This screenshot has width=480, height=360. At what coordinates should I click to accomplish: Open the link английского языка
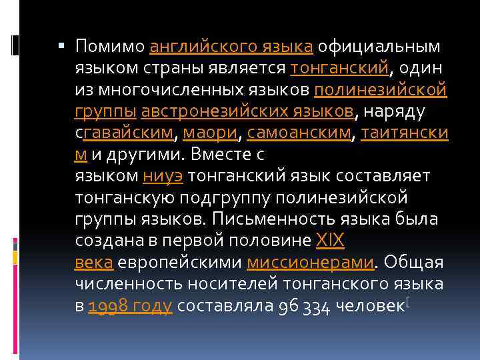pyautogui.click(x=231, y=47)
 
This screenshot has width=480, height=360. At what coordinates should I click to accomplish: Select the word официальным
pyautogui.click(x=379, y=47)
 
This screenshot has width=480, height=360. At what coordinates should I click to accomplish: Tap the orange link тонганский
pyautogui.click(x=340, y=68)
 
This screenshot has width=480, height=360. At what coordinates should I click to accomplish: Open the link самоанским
pyautogui.click(x=299, y=133)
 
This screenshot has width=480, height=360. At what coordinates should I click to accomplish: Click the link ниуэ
pyautogui.click(x=164, y=176)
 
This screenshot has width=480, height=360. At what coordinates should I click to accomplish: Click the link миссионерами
pyautogui.click(x=310, y=263)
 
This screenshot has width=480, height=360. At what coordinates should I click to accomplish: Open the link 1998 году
pyautogui.click(x=130, y=306)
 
